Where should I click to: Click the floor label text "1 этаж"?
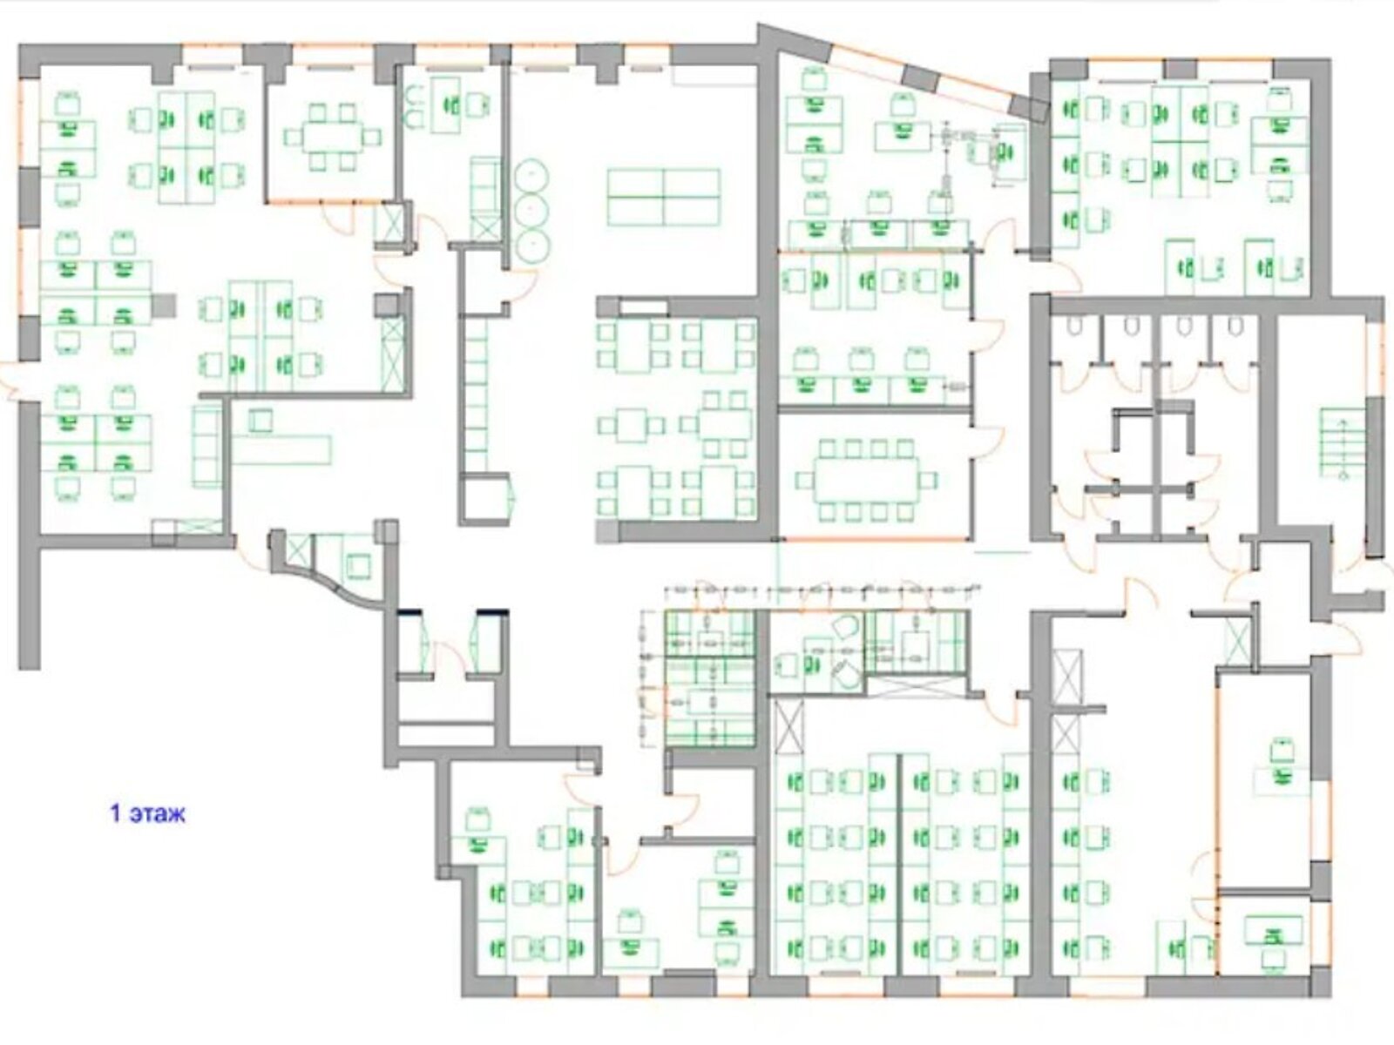click(148, 814)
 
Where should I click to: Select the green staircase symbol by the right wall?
click(1343, 443)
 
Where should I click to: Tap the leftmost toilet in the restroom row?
click(1074, 326)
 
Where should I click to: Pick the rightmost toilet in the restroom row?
click(1235, 326)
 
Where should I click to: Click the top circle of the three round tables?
click(531, 175)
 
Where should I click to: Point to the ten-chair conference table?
click(867, 480)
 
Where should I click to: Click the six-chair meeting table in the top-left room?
click(332, 137)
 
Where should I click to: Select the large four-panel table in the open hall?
click(664, 198)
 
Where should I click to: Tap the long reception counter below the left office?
click(281, 449)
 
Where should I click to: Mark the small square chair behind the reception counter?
click(261, 420)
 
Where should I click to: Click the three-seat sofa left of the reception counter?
click(207, 448)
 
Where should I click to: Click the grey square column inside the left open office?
click(163, 305)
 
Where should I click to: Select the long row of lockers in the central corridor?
click(477, 394)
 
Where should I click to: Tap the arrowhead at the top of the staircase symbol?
click(1343, 422)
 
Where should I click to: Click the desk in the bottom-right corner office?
click(1273, 930)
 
